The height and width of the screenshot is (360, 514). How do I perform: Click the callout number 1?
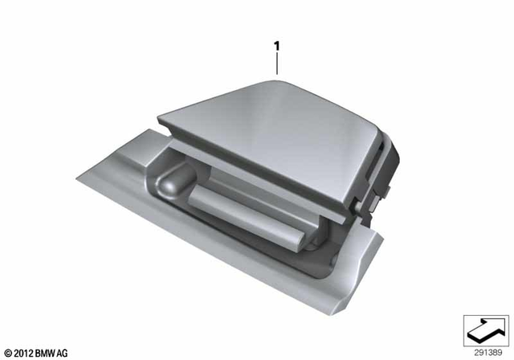[277, 47]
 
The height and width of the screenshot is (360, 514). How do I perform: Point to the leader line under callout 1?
[277, 65]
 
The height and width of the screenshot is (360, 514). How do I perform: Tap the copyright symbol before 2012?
[8, 353]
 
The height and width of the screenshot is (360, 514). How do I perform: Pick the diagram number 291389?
[485, 352]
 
